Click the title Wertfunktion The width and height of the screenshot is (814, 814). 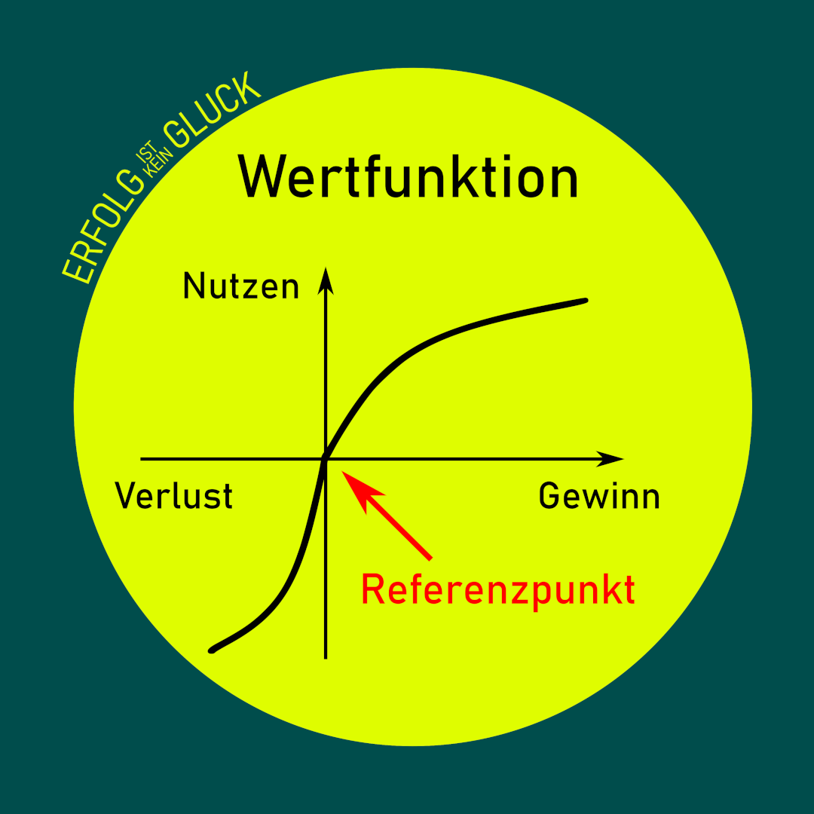coord(408,178)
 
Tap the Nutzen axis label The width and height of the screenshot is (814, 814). coord(240,287)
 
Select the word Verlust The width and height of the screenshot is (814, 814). coord(173,497)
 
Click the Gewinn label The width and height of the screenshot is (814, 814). coord(599,497)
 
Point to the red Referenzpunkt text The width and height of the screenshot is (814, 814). coord(497,590)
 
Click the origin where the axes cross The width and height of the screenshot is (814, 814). coord(326,458)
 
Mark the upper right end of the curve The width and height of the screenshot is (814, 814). coord(584,301)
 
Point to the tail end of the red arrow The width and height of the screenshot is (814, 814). coord(430,558)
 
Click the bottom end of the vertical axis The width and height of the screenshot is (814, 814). coord(326,657)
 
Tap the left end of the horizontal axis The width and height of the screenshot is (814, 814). coord(142,458)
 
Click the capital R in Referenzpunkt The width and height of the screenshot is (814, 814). coord(373,590)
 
